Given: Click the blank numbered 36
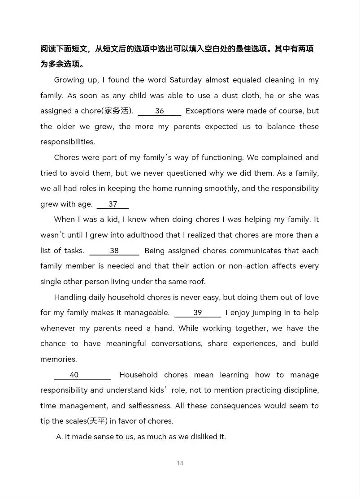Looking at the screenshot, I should click(x=159, y=111).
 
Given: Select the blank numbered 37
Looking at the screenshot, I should click(x=113, y=204).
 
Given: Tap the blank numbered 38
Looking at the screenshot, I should click(x=114, y=251).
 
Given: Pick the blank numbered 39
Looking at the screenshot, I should click(x=197, y=313).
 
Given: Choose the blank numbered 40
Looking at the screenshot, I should click(x=82, y=375).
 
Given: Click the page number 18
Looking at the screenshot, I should click(x=180, y=463).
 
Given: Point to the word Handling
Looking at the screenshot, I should click(x=70, y=298).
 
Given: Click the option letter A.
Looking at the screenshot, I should click(x=59, y=437).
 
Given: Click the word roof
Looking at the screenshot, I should click(x=196, y=282).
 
